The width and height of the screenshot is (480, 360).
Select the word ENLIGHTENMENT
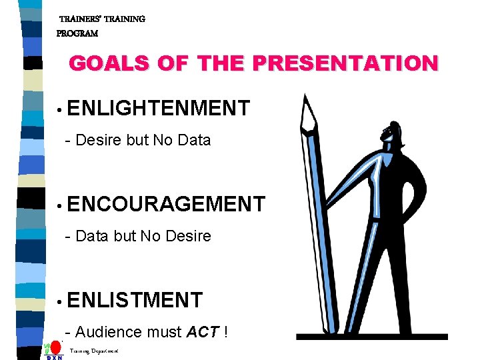(x=158, y=107)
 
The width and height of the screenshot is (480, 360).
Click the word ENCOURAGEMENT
(x=166, y=204)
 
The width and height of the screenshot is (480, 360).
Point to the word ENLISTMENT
(x=135, y=300)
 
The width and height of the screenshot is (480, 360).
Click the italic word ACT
(x=203, y=332)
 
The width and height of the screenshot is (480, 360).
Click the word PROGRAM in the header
(x=77, y=33)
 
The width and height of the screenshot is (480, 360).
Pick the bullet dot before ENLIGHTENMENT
(x=60, y=109)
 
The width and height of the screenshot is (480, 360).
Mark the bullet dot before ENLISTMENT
(x=60, y=302)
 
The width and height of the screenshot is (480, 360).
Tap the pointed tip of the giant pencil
(x=305, y=96)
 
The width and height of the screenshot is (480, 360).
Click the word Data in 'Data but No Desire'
(x=91, y=236)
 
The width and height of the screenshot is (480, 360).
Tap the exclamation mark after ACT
(x=227, y=332)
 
